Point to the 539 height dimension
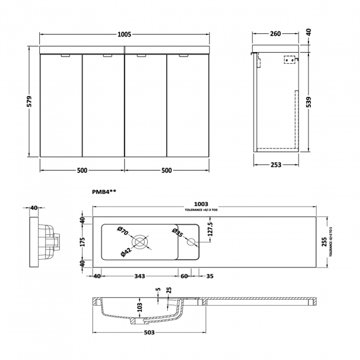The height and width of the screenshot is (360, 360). [x=308, y=101]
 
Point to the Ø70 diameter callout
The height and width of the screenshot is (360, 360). [x=123, y=230]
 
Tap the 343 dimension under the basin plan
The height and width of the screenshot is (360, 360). [x=138, y=276]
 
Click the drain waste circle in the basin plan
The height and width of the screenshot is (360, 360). [x=140, y=241]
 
